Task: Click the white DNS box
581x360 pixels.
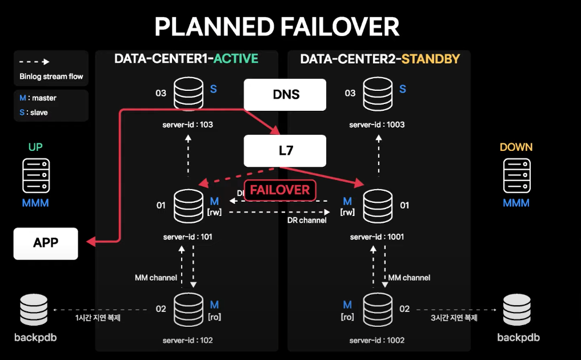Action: tap(285, 94)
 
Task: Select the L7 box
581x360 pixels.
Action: tap(285, 151)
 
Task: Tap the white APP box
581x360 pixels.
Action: tap(46, 243)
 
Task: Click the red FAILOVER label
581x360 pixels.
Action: tap(280, 190)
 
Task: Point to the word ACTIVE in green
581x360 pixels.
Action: tap(235, 59)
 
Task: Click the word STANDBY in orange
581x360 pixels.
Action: tap(431, 59)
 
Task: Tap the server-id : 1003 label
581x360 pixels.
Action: tap(377, 125)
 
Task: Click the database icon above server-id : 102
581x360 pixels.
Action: tap(189, 309)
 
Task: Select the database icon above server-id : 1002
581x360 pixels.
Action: tap(378, 309)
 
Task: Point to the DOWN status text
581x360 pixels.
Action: tap(516, 147)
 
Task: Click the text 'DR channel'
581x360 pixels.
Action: tap(307, 221)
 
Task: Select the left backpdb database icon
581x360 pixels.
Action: tap(34, 310)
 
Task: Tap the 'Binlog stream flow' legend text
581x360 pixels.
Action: tap(51, 77)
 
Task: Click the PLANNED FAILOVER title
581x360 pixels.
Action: tap(277, 27)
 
